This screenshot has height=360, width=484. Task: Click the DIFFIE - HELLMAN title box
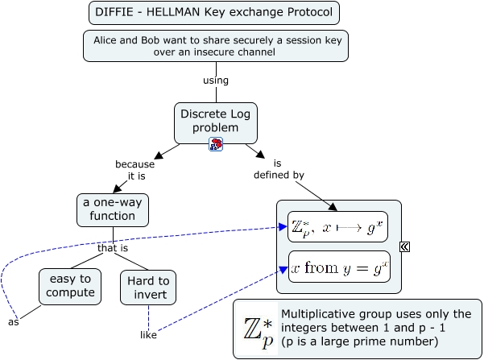214,13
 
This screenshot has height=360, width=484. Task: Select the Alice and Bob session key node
215,45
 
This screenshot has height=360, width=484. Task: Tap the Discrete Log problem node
217,121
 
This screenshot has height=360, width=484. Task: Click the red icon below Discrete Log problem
216,144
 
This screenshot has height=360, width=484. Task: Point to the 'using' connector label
216,81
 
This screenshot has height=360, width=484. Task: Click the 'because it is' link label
134,171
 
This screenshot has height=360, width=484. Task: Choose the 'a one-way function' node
113,209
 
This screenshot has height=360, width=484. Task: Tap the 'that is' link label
113,248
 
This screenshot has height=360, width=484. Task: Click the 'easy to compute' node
70,286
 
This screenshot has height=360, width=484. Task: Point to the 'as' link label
13,321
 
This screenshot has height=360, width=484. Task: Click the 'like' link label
148,334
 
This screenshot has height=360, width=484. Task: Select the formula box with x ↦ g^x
339,228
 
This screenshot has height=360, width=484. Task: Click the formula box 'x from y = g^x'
339,267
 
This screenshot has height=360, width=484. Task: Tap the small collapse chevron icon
405,247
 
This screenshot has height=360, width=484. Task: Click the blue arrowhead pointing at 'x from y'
283,270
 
